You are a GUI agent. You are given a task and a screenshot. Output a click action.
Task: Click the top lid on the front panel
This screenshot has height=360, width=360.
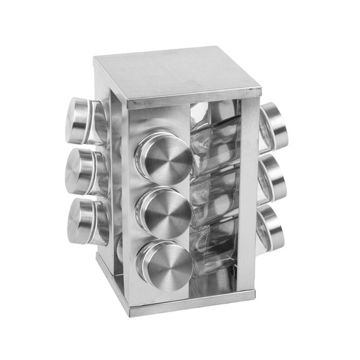(164, 154)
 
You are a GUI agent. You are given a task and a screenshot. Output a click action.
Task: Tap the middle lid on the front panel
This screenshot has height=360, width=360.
(165, 208)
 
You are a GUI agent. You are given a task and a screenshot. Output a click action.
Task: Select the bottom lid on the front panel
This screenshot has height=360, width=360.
(164, 261)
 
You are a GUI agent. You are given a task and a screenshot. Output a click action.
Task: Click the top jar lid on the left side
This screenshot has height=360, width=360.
(78, 117)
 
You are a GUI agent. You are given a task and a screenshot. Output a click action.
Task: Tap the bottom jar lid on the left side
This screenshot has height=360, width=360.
(78, 221)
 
